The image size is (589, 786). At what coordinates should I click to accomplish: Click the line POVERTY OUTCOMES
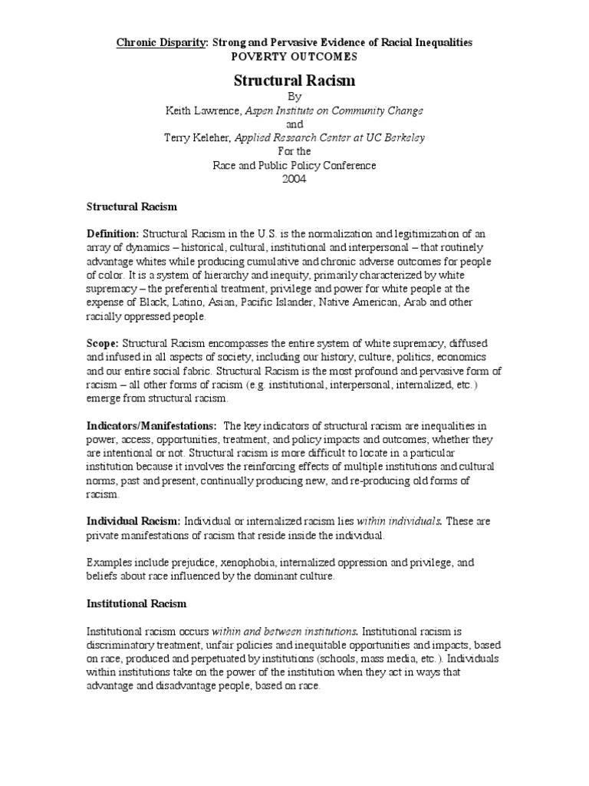pos(294,57)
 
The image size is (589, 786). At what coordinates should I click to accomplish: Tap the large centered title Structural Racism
pos(294,80)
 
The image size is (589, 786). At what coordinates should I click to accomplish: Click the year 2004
pos(294,179)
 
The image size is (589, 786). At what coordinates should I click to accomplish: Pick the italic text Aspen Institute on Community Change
pos(334,111)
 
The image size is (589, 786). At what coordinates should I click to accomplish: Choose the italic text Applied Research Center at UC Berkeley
pos(331,138)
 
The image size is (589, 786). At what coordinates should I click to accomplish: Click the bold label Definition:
pos(112,233)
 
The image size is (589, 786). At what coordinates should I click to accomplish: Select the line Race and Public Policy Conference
pos(294,165)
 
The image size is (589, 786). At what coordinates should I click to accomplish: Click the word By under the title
pos(294,97)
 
